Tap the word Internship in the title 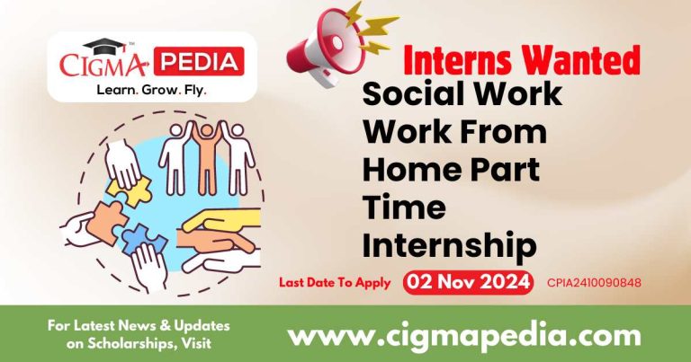(448, 245)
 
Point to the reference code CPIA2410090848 (594, 283)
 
